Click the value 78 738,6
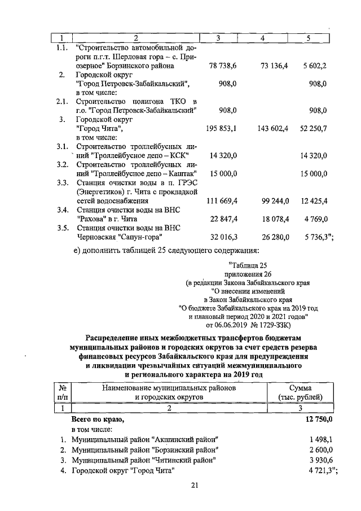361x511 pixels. (222, 66)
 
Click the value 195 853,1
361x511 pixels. (221, 129)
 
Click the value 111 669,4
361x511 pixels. (221, 200)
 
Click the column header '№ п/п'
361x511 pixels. (64, 392)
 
